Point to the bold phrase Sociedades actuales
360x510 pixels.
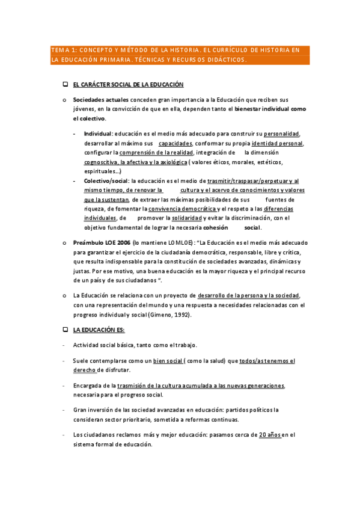coord(94,99)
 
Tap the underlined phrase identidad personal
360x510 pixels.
coord(277,143)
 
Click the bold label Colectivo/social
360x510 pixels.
coord(106,180)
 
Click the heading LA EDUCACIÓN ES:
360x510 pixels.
coord(99,330)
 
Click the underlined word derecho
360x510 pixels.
coord(84,370)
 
